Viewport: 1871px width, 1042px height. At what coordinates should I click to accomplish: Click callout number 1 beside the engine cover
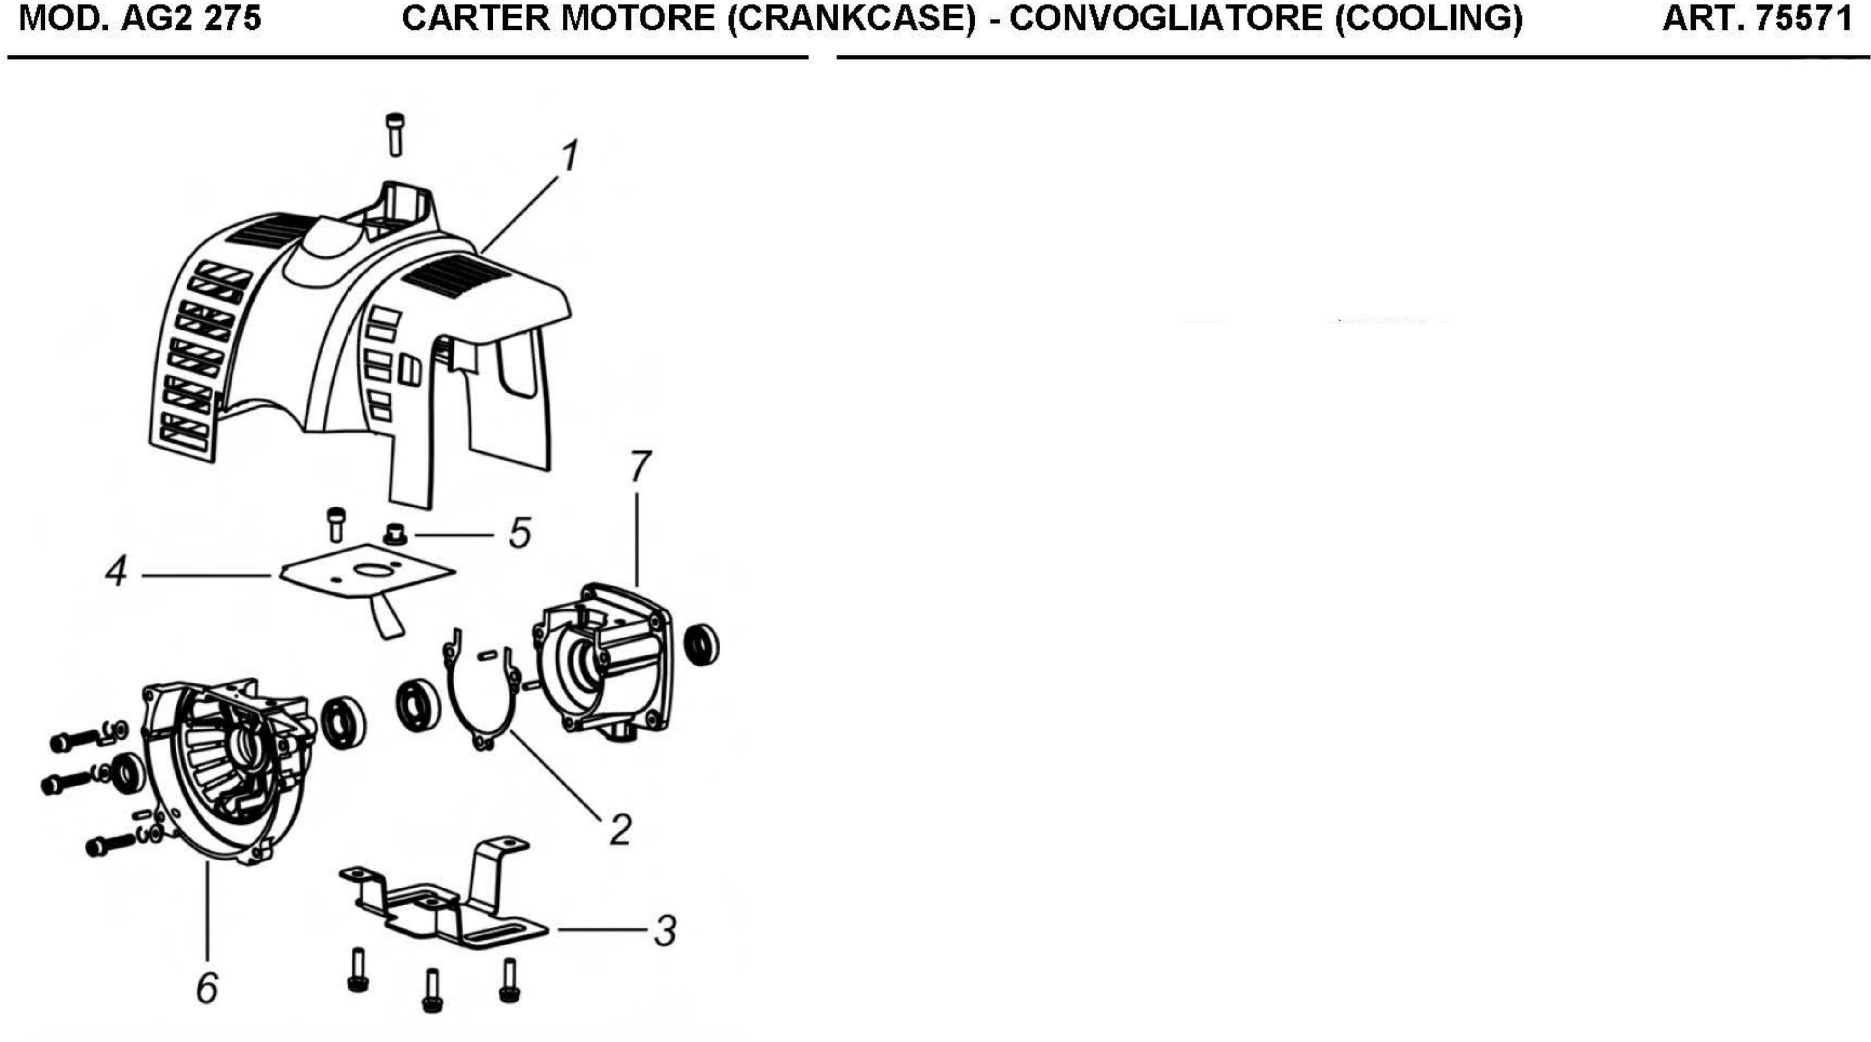click(x=571, y=155)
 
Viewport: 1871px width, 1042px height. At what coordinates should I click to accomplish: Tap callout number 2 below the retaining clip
click(x=619, y=830)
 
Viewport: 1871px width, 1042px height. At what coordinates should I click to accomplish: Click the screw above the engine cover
click(x=395, y=134)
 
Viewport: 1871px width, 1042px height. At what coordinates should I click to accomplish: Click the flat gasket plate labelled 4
click(x=367, y=574)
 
